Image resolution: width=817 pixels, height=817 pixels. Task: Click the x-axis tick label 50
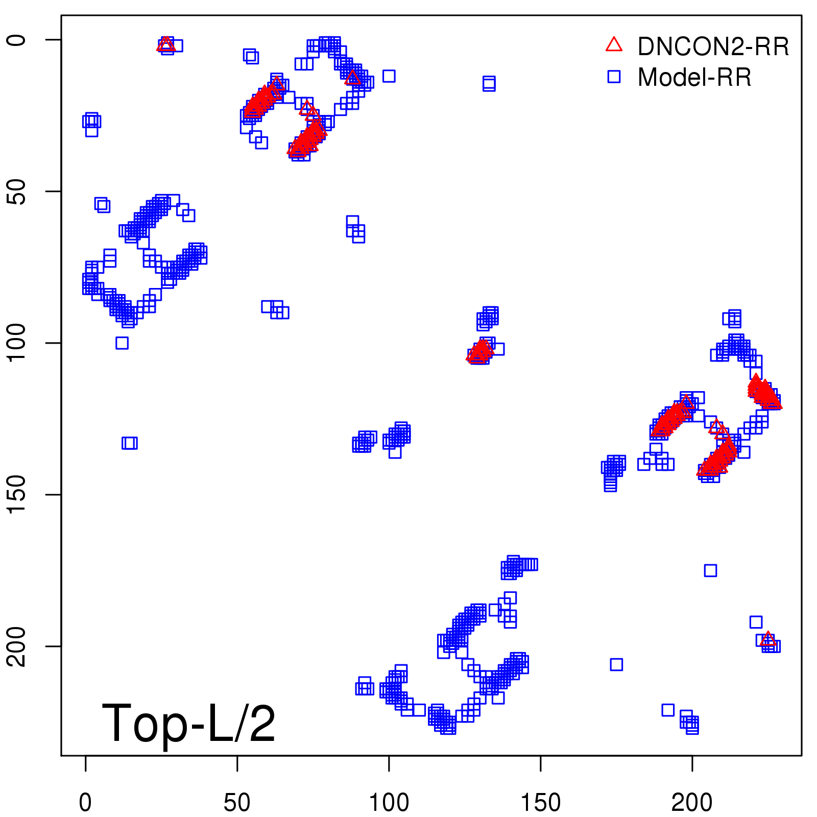pyautogui.click(x=237, y=803)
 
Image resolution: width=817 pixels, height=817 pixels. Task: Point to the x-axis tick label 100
pyautogui.click(x=389, y=803)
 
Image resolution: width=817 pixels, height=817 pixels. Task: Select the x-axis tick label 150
pyautogui.click(x=540, y=803)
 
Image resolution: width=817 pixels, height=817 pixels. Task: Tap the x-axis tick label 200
pyautogui.click(x=692, y=803)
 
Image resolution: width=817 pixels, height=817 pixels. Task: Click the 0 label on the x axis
pyautogui.click(x=85, y=803)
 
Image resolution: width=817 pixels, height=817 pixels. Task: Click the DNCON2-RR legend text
pyautogui.click(x=713, y=47)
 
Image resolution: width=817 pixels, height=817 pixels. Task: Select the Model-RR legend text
pyautogui.click(x=694, y=78)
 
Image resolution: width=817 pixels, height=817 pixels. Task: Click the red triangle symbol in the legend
pyautogui.click(x=614, y=45)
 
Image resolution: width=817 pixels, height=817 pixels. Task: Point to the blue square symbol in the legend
pyautogui.click(x=614, y=77)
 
